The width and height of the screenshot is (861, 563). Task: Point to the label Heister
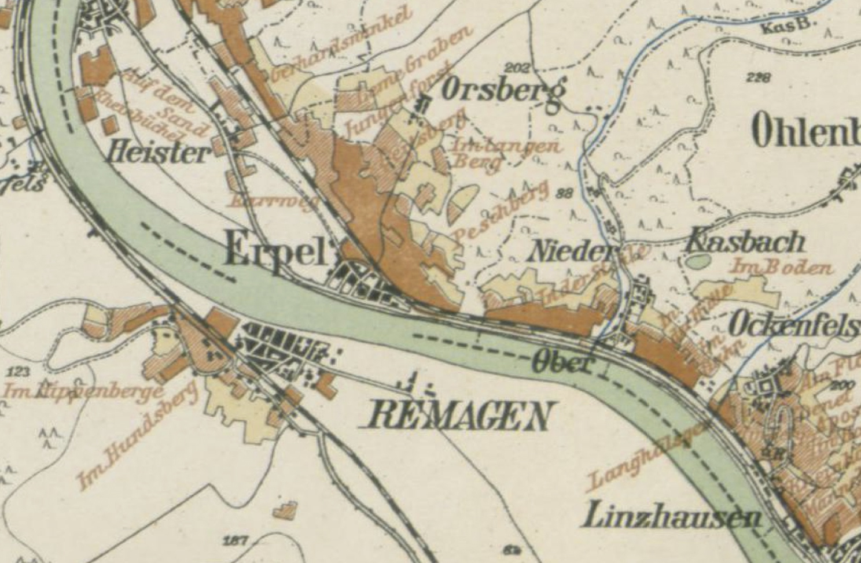pyautogui.click(x=157, y=153)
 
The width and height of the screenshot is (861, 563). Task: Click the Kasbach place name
pyautogui.click(x=745, y=242)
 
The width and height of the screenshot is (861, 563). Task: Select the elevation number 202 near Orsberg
pyautogui.click(x=517, y=68)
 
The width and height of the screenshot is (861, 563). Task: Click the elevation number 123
pyautogui.click(x=20, y=371)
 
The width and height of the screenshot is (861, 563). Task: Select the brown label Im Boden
pyautogui.click(x=782, y=268)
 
